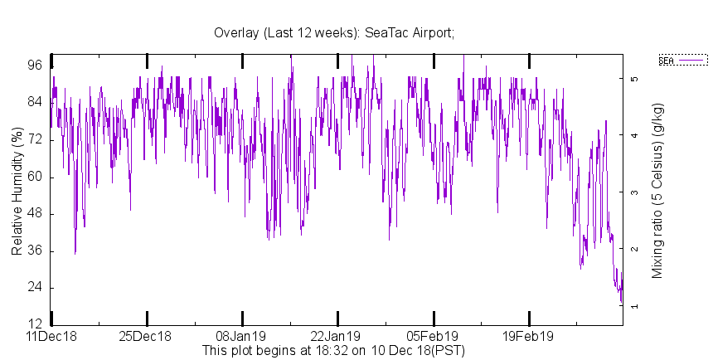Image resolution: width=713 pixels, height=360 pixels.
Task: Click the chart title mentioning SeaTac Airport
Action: point(334,32)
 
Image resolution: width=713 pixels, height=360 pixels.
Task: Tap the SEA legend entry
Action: point(682,60)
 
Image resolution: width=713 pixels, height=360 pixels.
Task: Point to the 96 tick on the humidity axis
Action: point(36,66)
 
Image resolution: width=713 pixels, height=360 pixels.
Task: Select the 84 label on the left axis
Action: point(36,103)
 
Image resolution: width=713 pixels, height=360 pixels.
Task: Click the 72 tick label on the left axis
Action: point(36,140)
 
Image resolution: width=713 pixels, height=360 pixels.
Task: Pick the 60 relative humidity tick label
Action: point(36,177)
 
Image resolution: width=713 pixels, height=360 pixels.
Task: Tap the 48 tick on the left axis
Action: point(36,214)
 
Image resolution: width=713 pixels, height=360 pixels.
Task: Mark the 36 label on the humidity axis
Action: point(36,251)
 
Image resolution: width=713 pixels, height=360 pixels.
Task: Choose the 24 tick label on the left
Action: point(36,288)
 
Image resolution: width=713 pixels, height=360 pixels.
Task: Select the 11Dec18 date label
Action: point(51,337)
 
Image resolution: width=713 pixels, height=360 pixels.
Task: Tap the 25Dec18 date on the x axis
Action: point(147,337)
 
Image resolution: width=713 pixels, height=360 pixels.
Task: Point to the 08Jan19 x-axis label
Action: point(242,337)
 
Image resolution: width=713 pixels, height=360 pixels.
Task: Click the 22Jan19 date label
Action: point(337,337)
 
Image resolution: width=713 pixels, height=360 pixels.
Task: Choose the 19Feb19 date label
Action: point(529,337)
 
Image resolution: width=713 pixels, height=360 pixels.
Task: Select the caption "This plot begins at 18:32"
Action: point(333,350)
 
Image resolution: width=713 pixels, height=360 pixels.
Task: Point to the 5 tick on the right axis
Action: point(634,79)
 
